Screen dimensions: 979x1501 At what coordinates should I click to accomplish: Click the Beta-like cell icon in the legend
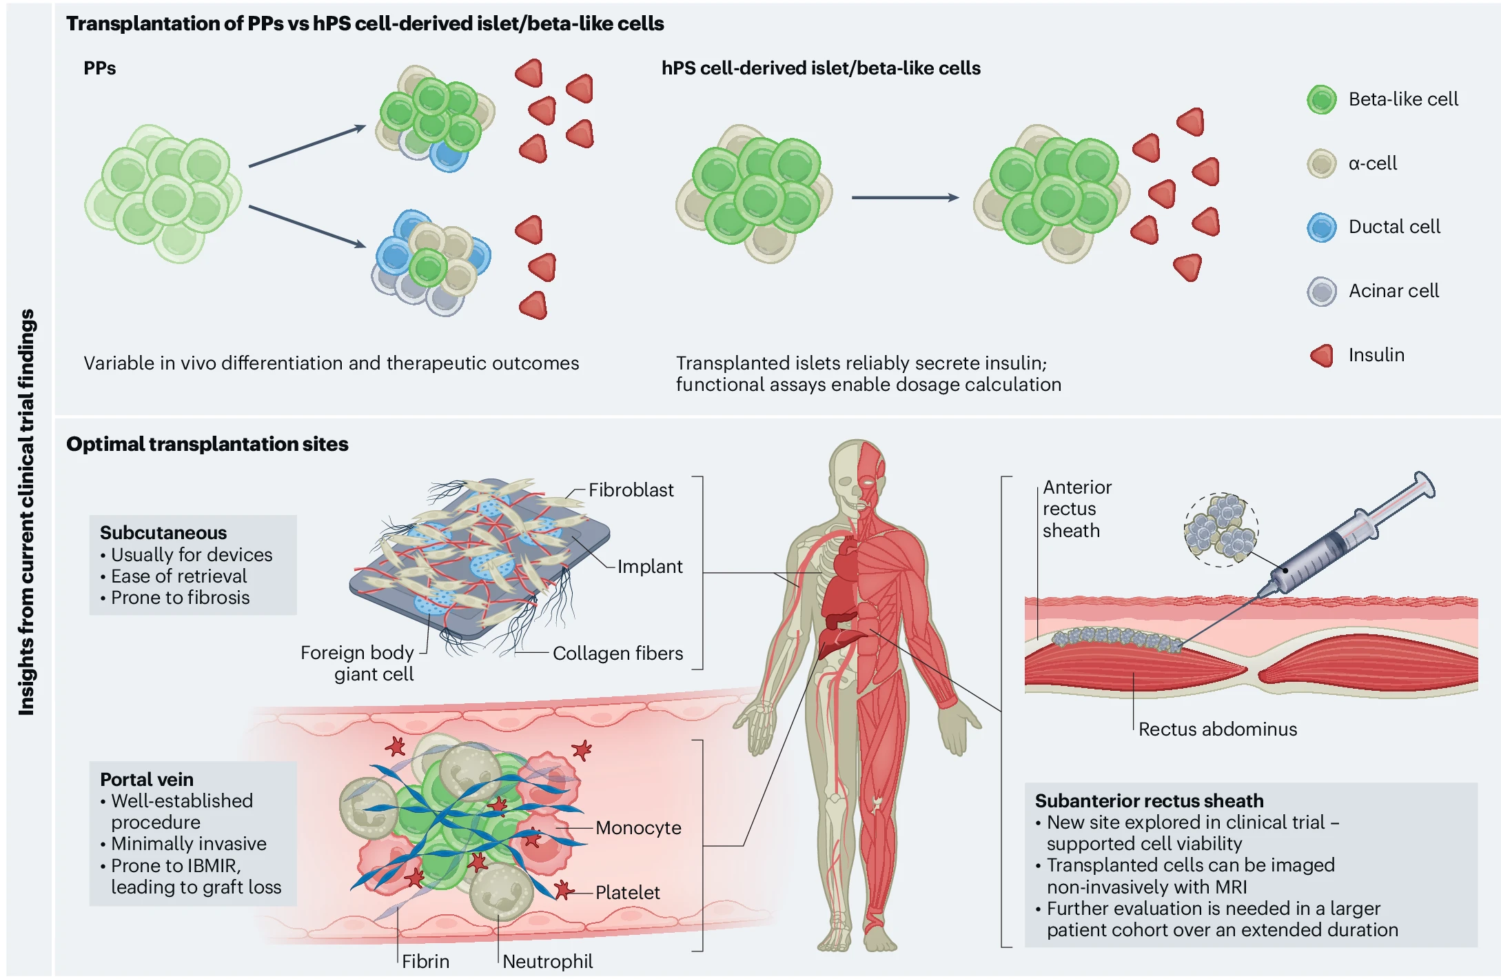pos(1321,100)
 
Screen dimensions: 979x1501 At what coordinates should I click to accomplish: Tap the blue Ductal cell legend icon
pos(1321,228)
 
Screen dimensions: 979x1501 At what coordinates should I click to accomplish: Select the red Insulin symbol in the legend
pos(1321,356)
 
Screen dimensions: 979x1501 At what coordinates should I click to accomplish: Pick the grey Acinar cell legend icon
pos(1321,292)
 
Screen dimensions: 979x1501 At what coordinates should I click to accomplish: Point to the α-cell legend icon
pos(1321,164)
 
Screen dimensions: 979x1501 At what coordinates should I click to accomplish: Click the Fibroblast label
pos(631,490)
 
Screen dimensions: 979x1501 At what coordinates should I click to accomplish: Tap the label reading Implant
pos(649,567)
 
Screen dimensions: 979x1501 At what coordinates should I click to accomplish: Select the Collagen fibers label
pos(617,654)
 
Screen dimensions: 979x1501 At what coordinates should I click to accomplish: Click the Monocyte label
pos(638,828)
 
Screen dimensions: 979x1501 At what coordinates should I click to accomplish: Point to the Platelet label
pos(627,893)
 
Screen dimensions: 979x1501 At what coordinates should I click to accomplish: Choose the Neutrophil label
pos(547,962)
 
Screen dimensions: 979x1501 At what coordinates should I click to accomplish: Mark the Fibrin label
pos(425,962)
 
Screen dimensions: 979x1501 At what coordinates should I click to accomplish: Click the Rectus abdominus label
pos(1217,729)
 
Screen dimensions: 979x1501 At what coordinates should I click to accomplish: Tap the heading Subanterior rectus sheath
pos(1149,801)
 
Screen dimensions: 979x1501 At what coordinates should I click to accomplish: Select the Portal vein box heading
pos(147,780)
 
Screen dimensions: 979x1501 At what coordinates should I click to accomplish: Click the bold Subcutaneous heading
pos(163,533)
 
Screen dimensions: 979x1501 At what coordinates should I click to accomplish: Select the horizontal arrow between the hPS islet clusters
pos(905,198)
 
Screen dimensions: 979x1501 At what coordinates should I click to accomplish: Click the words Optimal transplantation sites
pos(207,444)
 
